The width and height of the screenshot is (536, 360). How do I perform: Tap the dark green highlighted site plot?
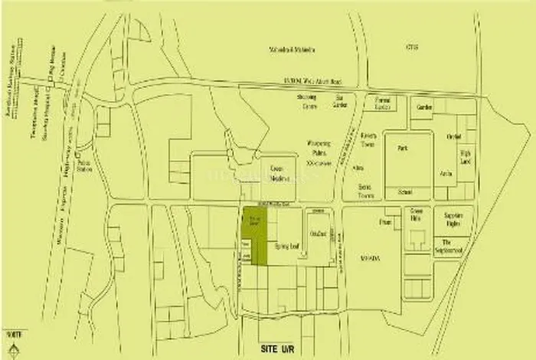coord(255,234)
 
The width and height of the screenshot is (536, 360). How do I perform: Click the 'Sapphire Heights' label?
coord(456,221)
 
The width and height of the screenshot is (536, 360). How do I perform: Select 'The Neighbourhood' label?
coord(456,247)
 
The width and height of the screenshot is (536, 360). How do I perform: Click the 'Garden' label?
coord(426,107)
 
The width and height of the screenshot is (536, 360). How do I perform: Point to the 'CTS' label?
coord(413,47)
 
